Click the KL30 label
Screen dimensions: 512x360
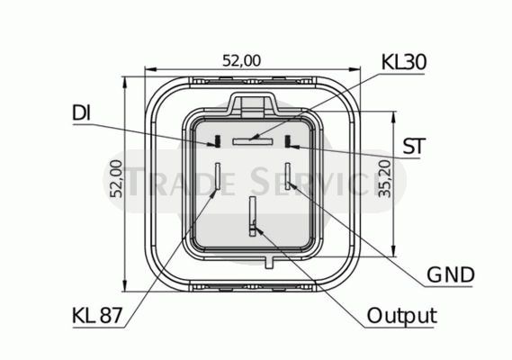coord(404,62)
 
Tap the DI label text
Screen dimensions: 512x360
coord(81,113)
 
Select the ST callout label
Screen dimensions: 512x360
coord(414,146)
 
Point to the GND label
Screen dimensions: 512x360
coord(451,274)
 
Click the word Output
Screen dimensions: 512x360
coord(402,316)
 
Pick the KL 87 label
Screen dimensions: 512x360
coord(97,316)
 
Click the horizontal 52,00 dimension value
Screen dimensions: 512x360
coord(242,61)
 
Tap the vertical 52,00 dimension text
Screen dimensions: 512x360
coord(116,179)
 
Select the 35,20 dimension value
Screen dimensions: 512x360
coord(384,179)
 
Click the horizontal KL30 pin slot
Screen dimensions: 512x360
coord(252,141)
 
